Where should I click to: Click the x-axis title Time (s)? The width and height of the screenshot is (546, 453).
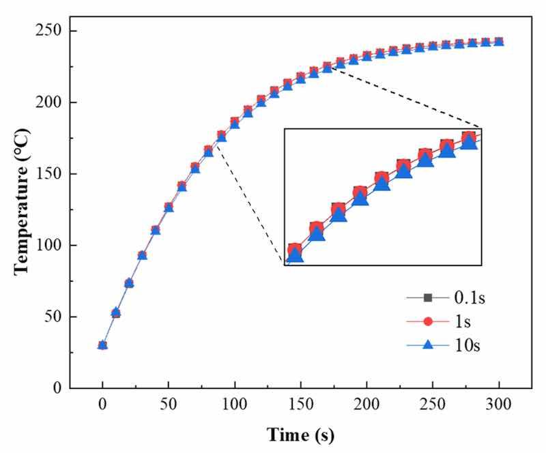coord(300,435)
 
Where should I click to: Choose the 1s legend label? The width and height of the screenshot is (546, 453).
coord(463,322)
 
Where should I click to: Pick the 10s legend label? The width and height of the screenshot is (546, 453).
coord(467,346)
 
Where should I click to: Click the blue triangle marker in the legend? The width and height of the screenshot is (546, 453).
coord(428,346)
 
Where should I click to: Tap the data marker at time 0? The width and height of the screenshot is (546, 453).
coord(102,345)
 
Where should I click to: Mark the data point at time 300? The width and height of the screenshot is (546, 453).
coord(499,42)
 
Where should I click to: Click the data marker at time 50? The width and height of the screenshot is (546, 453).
coord(169,207)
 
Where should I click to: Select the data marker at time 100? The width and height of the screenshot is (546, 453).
coord(235,123)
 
